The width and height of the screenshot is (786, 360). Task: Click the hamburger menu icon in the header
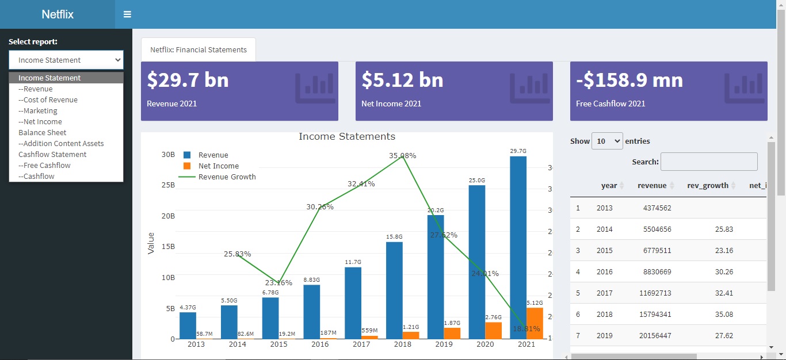pyautogui.click(x=127, y=14)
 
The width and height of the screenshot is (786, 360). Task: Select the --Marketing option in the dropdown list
pyautogui.click(x=38, y=110)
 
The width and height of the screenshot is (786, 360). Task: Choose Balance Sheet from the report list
pyautogui.click(x=43, y=132)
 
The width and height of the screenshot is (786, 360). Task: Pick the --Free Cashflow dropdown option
pyautogui.click(x=44, y=165)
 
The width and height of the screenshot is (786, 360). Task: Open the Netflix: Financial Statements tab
pyautogui.click(x=199, y=49)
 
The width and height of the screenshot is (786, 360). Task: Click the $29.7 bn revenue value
pyautogui.click(x=188, y=80)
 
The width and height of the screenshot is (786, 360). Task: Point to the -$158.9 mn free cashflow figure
pyautogui.click(x=629, y=80)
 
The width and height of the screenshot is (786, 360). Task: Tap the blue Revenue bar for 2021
pyautogui.click(x=518, y=247)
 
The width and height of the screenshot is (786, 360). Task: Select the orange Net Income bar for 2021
pyautogui.click(x=535, y=323)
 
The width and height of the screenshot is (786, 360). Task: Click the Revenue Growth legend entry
pyautogui.click(x=227, y=177)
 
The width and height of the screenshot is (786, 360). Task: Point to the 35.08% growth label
pyautogui.click(x=402, y=156)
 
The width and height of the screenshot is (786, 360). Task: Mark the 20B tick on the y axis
pyautogui.click(x=168, y=216)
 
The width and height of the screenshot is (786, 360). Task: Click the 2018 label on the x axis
pyautogui.click(x=403, y=344)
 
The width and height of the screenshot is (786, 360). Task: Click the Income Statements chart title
pyautogui.click(x=347, y=137)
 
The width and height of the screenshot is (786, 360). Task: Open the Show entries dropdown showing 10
pyautogui.click(x=607, y=141)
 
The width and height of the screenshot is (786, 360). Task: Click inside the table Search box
pyautogui.click(x=709, y=162)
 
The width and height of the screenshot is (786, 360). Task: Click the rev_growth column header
pyautogui.click(x=708, y=185)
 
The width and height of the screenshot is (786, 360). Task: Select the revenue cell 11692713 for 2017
pyautogui.click(x=655, y=293)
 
